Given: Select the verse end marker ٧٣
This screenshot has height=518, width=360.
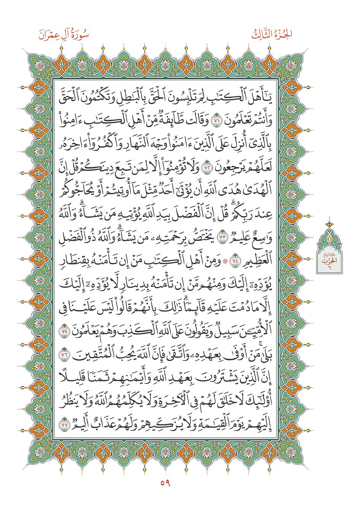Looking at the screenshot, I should [222, 238].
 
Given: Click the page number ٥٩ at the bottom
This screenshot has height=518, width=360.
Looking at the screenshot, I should [165, 483].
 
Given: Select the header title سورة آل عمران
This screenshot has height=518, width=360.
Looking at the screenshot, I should [64, 35].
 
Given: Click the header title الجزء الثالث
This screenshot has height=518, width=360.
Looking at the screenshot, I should [272, 35].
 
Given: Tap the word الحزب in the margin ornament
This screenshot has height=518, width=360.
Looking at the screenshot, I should [330, 261].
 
